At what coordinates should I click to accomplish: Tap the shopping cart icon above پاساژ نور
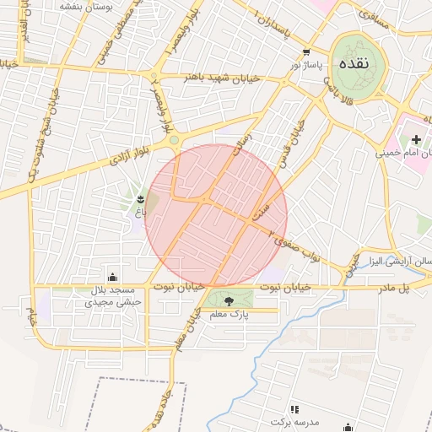305,51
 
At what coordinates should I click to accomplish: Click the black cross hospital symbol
416,138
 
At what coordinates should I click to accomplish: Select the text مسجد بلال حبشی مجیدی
114,295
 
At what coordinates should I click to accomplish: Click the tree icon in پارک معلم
228,300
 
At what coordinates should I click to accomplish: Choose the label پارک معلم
228,314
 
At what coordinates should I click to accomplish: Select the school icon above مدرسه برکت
294,409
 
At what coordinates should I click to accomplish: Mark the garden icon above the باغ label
140,199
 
